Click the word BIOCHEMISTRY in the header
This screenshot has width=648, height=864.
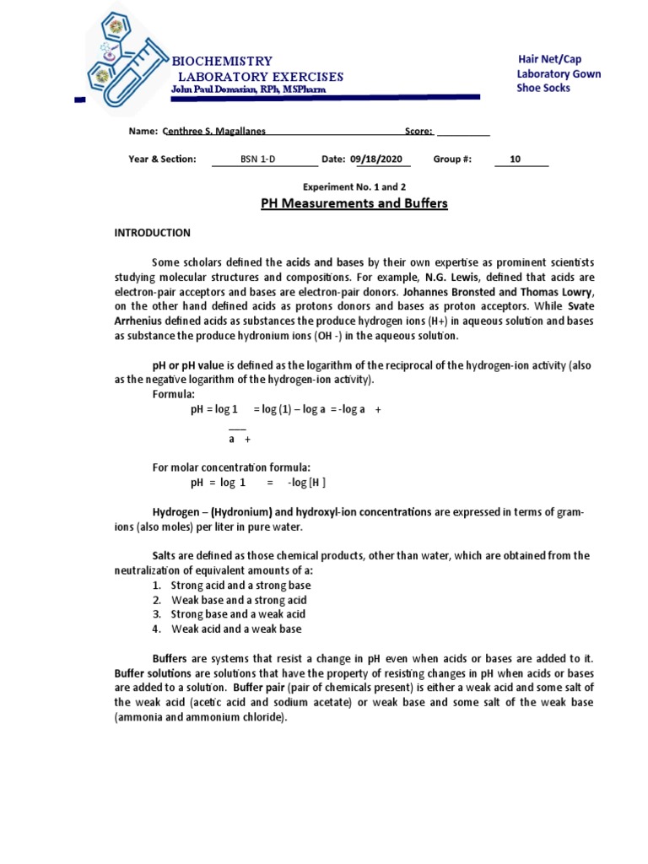pyautogui.click(x=222, y=61)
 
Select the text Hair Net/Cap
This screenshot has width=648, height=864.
pyautogui.click(x=551, y=58)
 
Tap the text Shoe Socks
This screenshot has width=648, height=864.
pyautogui.click(x=543, y=88)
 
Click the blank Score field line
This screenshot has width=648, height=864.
pyautogui.click(x=463, y=132)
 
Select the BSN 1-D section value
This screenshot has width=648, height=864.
pyautogui.click(x=252, y=159)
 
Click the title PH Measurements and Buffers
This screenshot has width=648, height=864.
pyautogui.click(x=350, y=203)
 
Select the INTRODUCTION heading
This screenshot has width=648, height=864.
pyautogui.click(x=153, y=233)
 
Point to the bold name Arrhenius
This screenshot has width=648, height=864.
pyautogui.click(x=140, y=321)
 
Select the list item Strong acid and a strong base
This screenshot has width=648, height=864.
pyautogui.click(x=240, y=585)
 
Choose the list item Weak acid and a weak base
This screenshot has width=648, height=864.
pyautogui.click(x=236, y=629)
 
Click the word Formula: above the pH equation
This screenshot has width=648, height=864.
pyautogui.click(x=173, y=394)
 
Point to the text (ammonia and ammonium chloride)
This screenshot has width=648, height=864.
pyautogui.click(x=201, y=717)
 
